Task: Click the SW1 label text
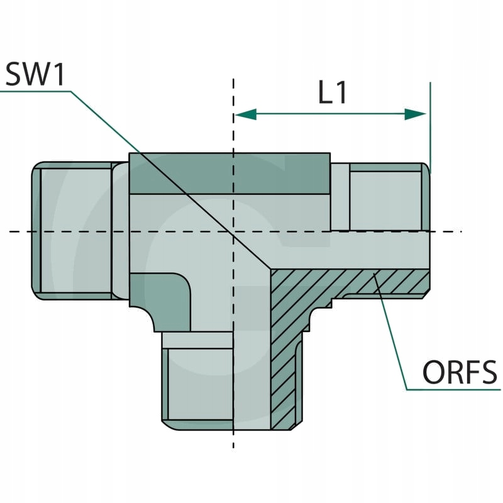[x=35, y=75]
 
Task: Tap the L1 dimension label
[x=333, y=93]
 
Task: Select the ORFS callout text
[x=459, y=373]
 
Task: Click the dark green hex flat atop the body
[x=229, y=174]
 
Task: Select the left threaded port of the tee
[x=72, y=230]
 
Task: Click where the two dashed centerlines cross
[x=233, y=231]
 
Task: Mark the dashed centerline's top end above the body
[x=233, y=82]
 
